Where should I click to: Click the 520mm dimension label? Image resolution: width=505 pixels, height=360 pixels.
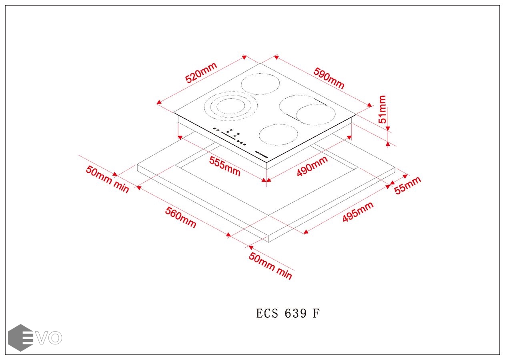point(201,72)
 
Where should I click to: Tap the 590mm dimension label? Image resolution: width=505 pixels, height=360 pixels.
point(329,78)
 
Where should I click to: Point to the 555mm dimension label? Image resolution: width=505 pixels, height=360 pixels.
point(224,166)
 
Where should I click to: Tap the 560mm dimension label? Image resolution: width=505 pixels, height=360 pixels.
point(181,218)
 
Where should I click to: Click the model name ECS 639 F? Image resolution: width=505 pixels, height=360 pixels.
point(288,313)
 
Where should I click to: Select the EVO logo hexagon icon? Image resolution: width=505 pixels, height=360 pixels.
point(20,338)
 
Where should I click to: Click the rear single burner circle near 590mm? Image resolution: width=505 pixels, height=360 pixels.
point(260,84)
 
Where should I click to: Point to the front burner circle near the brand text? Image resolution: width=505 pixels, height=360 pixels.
point(279,135)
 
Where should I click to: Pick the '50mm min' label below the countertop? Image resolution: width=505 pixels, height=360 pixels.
point(271,266)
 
